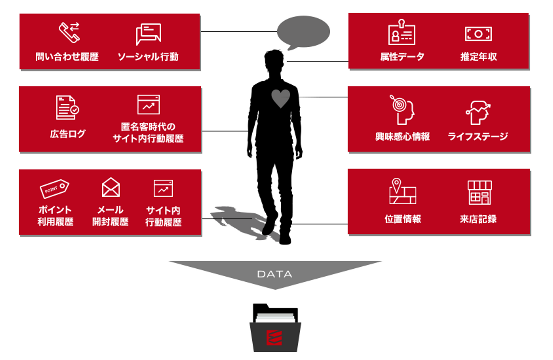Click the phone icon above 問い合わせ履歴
coord(69,32)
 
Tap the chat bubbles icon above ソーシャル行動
coord(148,34)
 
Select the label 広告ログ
coord(68,134)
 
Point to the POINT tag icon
coord(54,188)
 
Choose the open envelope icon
coord(111,187)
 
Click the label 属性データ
coord(402,57)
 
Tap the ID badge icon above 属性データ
coord(402,33)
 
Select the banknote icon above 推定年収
coord(478,34)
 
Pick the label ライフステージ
coord(478,136)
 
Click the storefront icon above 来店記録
coord(479,192)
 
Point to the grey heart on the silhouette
coord(281,98)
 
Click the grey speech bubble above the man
coord(303,32)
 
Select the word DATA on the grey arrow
coord(275,274)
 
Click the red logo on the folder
coord(274,337)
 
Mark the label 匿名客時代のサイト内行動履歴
coord(148,132)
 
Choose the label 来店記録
coord(478,219)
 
